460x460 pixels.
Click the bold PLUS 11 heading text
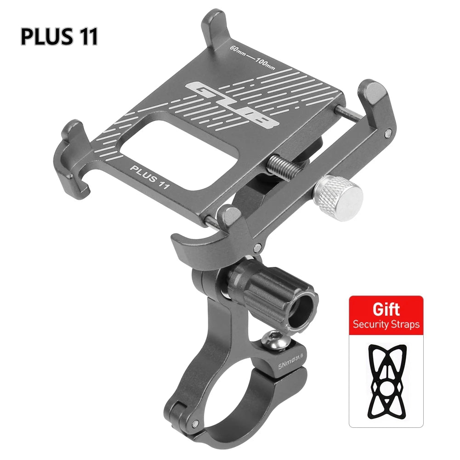(59, 36)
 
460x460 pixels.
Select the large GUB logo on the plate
(232, 106)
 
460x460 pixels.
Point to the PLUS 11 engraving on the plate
(150, 177)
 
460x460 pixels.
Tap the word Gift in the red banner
(386, 309)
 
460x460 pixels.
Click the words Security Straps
(386, 324)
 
